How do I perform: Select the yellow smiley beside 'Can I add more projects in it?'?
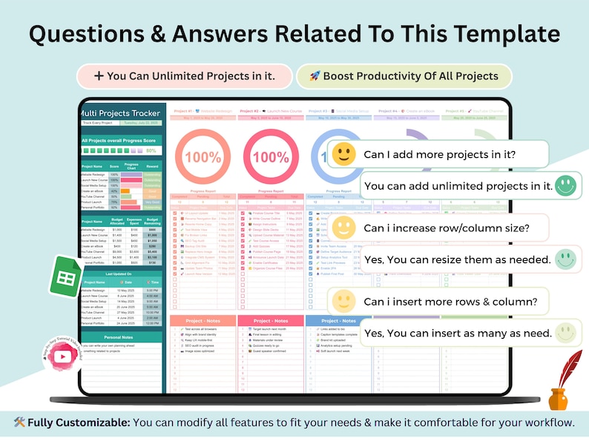tap(343, 154)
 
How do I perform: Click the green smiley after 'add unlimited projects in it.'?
tap(565, 185)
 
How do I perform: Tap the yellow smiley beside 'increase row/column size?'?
tap(343, 228)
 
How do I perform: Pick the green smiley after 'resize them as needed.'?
tap(565, 259)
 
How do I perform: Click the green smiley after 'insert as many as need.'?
tap(565, 332)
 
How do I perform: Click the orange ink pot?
tap(558, 399)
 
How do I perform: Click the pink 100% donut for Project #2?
tap(269, 158)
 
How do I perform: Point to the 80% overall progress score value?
tap(151, 150)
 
